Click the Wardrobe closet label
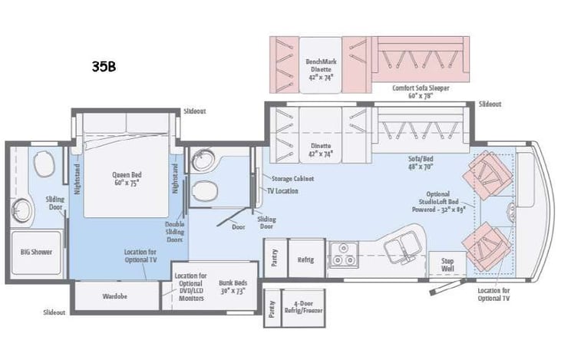[x=116, y=295]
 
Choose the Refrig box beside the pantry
[x=305, y=259]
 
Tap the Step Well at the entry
[x=447, y=264]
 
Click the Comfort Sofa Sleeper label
[x=421, y=91]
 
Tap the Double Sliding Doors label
[x=174, y=232]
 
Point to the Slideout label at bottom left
[x=54, y=312]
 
